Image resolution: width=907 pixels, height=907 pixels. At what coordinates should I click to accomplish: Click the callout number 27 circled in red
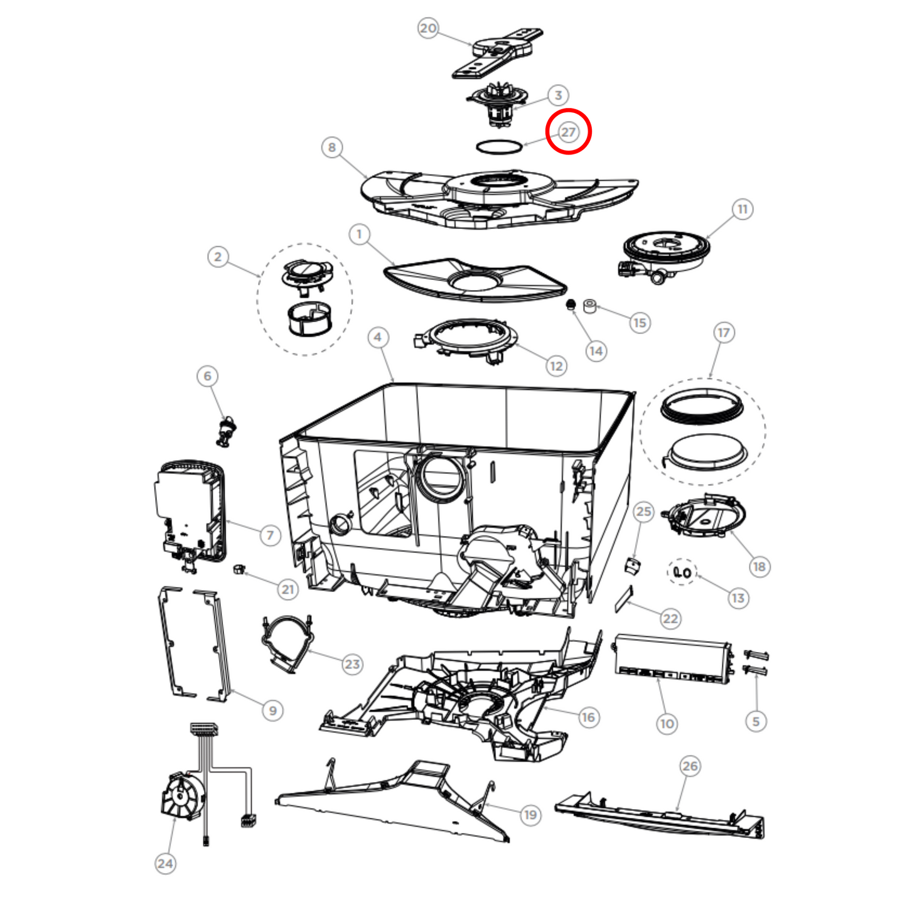tap(568, 132)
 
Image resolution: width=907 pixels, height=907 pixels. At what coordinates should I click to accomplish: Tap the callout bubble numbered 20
tap(428, 28)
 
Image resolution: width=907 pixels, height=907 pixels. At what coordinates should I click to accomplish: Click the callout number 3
tap(558, 95)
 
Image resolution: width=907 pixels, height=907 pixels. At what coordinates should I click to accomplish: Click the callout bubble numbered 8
tap(332, 148)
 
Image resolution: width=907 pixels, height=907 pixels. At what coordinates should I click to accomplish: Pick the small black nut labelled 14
tap(571, 304)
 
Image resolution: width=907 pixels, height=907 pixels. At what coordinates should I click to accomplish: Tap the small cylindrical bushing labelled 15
tap(590, 306)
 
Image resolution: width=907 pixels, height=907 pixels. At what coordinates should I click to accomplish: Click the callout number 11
tap(743, 210)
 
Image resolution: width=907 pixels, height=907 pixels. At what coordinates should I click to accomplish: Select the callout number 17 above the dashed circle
tap(724, 333)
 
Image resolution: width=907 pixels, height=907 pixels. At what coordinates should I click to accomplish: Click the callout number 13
tap(738, 598)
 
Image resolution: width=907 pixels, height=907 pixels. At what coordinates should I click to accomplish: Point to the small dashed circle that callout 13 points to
tap(682, 572)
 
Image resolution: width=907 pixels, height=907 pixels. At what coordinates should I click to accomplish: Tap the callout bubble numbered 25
tap(644, 512)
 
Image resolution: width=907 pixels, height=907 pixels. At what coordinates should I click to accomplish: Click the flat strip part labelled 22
tap(624, 599)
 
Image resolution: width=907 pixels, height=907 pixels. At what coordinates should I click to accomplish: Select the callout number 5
tap(756, 721)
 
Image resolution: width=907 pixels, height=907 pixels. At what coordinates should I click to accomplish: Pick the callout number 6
tap(208, 376)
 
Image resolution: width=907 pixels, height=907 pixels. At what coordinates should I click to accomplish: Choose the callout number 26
tap(690, 766)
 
